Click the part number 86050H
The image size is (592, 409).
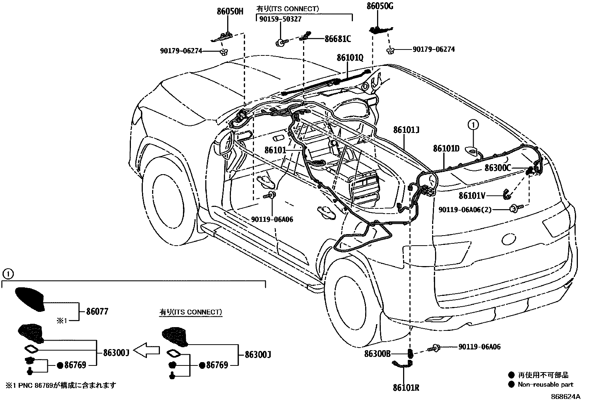coord(230,12)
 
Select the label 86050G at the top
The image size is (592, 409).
coord(380,6)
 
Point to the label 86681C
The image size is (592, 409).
coord(338,38)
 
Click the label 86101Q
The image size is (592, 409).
coord(350,58)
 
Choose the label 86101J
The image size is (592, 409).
coord(406,130)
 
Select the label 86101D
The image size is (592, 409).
coord(446,149)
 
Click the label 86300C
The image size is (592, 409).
coord(498,168)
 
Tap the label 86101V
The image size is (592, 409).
coord(472,196)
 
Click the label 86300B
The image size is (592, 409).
coord(377,354)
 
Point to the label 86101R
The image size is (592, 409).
coord(406,388)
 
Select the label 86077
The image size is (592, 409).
coord(97,311)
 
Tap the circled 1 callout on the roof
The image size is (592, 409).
coord(473,125)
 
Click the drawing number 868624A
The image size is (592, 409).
coord(565,397)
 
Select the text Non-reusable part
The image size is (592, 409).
coord(546,385)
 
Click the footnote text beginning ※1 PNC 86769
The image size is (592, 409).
coord(60,385)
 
